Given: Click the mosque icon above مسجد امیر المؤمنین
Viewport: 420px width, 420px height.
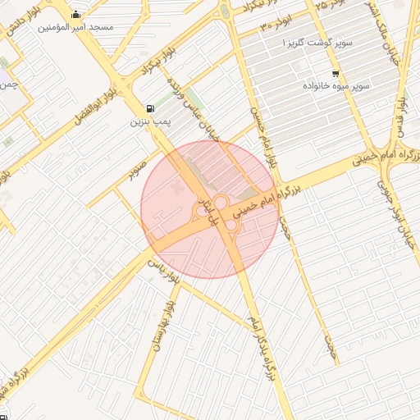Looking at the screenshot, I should tap(76, 14).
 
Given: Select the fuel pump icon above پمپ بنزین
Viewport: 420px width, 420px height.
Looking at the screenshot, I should tap(148, 108).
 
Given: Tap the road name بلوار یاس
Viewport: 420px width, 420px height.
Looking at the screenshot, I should tap(162, 270).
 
